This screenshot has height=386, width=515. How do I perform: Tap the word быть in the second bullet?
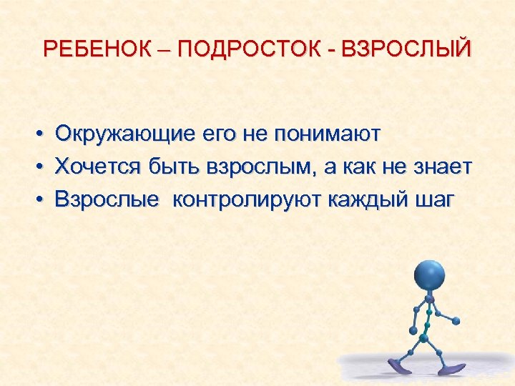(175, 167)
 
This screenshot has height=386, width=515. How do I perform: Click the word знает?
(441, 167)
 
